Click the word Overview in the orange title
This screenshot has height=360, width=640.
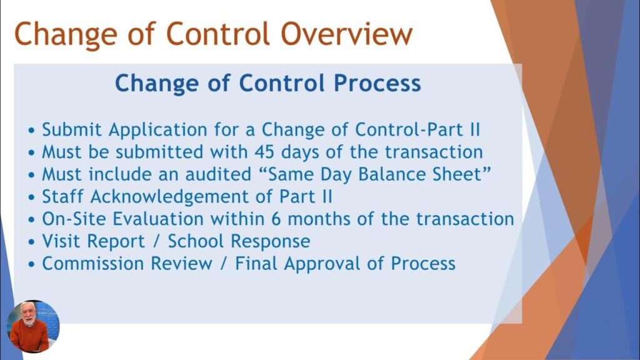[x=346, y=34]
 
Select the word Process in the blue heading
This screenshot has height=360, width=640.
[x=377, y=83]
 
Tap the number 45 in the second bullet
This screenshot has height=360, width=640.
[x=265, y=152]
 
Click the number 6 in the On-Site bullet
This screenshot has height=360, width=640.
[x=276, y=219]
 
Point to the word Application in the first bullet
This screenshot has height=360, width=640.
[x=158, y=131]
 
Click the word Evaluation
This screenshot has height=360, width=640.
[x=158, y=219]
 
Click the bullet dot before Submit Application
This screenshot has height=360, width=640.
[x=32, y=131]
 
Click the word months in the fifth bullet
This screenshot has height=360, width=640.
[x=319, y=219]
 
